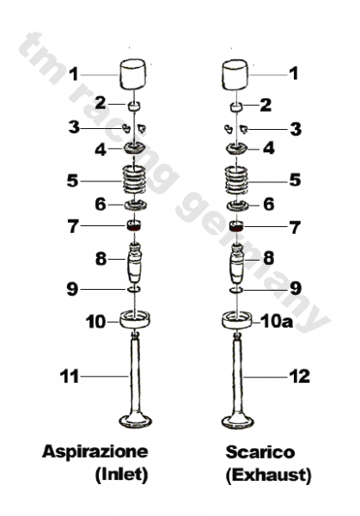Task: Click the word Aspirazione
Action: click(95, 451)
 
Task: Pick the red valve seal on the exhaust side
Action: click(237, 227)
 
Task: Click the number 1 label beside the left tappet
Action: click(74, 72)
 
